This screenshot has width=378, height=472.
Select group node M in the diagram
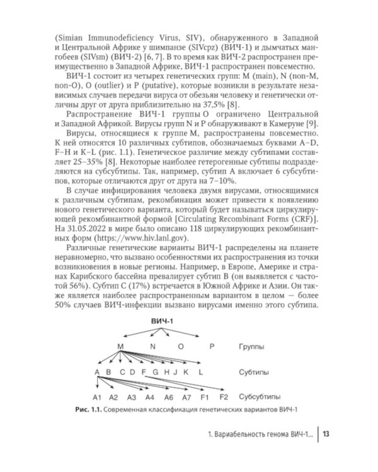tap(120, 346)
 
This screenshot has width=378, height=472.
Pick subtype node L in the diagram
tap(201, 372)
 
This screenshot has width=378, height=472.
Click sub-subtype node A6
tap(169, 398)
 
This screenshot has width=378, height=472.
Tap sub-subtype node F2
tap(222, 398)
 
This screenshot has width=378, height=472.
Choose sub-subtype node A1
tap(97, 398)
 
